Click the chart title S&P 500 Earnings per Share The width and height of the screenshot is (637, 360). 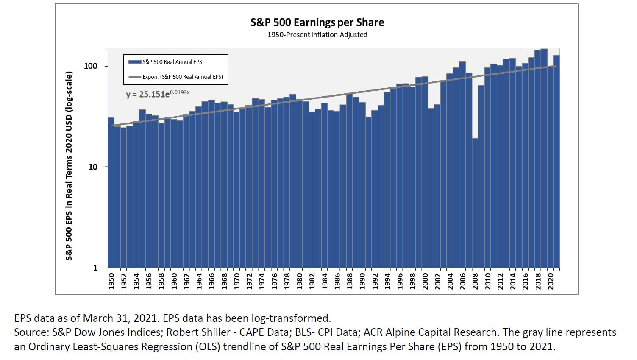tap(317, 22)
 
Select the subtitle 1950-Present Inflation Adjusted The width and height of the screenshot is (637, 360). tap(317, 35)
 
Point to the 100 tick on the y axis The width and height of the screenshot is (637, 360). tap(91, 66)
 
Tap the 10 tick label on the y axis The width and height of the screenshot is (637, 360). tap(93, 167)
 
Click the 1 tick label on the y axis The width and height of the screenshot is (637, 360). tap(95, 268)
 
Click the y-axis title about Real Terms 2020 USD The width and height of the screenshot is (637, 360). tap(69, 165)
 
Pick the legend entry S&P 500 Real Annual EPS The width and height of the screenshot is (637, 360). tap(172, 62)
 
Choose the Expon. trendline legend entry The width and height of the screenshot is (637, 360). tap(182, 77)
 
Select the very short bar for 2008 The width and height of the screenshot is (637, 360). tap(475, 204)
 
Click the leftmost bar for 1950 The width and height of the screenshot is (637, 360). tap(111, 193)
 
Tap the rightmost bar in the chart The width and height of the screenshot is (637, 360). tap(556, 161)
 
